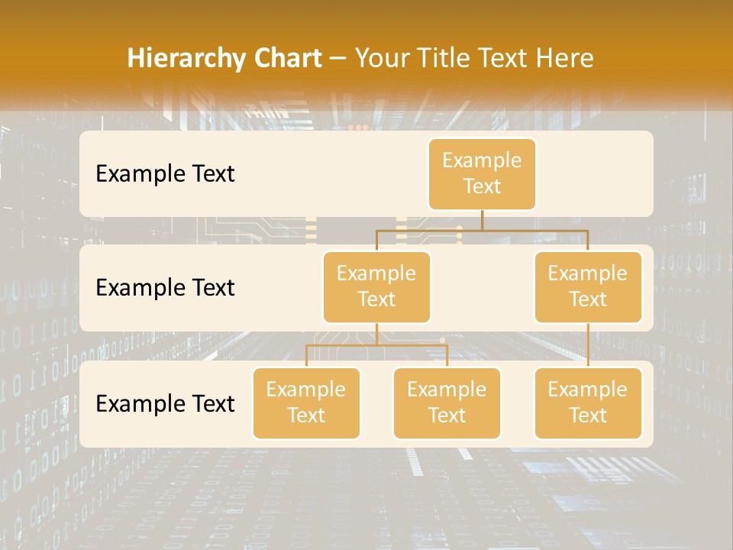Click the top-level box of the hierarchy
point(482,173)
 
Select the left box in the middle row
point(376,286)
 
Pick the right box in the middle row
point(588,286)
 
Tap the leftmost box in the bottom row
point(306,403)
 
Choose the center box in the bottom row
point(447,403)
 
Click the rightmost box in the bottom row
point(588,403)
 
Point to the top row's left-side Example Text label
point(165,173)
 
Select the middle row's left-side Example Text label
point(165,287)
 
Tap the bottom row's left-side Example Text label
point(165,403)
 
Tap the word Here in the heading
point(566,58)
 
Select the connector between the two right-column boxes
point(588,345)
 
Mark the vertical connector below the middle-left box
point(376,334)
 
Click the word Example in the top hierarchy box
point(482,160)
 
